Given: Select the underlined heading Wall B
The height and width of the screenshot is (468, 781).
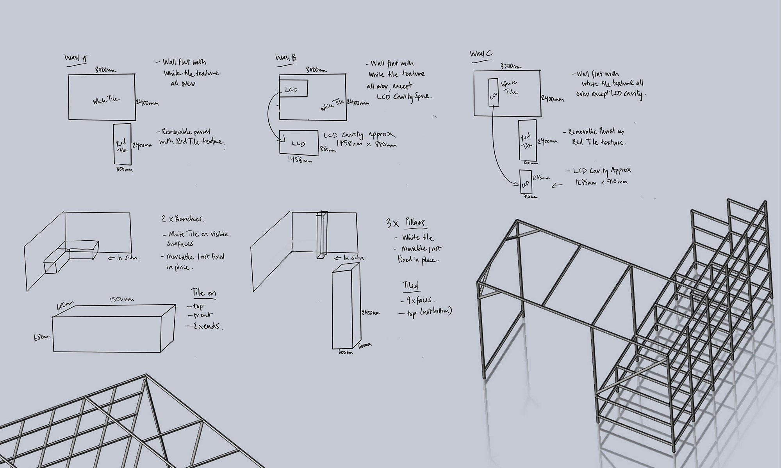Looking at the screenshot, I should click(x=285, y=58).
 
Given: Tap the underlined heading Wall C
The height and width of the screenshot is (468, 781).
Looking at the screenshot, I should click(x=481, y=54).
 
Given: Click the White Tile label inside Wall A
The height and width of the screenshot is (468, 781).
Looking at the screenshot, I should click(x=106, y=100).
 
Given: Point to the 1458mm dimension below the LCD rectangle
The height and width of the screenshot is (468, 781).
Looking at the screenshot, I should click(x=300, y=160).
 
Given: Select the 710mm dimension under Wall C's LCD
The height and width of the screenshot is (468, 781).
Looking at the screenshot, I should click(x=530, y=197).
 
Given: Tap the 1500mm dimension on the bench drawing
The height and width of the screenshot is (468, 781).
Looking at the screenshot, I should click(x=121, y=299).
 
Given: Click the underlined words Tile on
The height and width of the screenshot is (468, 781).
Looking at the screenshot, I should click(x=203, y=292).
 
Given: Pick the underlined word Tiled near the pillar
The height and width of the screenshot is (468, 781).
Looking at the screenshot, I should click(x=410, y=286).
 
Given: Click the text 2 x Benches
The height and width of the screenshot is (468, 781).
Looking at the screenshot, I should click(x=182, y=219).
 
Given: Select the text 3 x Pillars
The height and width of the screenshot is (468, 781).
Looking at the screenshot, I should click(x=406, y=223).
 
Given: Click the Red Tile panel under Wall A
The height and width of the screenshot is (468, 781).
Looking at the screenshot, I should click(x=122, y=144).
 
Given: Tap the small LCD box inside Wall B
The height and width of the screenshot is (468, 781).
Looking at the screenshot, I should click(x=294, y=89).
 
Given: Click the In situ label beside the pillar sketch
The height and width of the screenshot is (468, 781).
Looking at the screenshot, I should click(x=350, y=258).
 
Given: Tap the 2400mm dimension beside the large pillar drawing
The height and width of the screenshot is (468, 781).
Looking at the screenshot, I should click(x=370, y=313).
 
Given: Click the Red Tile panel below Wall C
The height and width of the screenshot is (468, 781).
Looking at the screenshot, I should click(x=527, y=140).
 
